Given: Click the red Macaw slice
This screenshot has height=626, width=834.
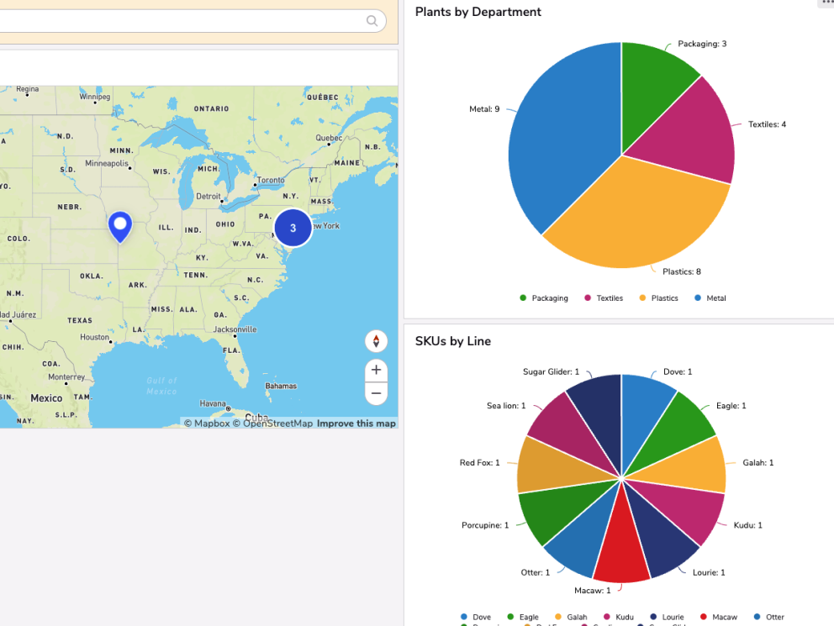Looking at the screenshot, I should (621, 538).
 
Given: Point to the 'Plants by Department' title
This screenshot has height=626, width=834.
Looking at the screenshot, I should (478, 12).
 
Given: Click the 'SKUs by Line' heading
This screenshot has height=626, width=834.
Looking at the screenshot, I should (452, 341).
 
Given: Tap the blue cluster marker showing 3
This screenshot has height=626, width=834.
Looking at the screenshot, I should (293, 228).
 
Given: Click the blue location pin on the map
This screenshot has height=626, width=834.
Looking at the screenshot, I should (120, 224).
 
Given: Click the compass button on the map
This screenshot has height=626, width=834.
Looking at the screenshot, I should (376, 341).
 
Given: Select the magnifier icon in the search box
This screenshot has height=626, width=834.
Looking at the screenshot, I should (372, 21).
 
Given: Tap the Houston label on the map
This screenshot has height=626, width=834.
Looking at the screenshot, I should (94, 337).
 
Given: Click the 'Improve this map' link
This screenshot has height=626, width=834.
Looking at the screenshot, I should (356, 423).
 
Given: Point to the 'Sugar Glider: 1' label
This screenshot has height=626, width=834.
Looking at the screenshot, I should (551, 371).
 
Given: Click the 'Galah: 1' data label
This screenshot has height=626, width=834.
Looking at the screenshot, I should (758, 463).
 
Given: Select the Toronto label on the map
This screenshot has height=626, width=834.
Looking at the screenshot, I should (270, 180).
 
